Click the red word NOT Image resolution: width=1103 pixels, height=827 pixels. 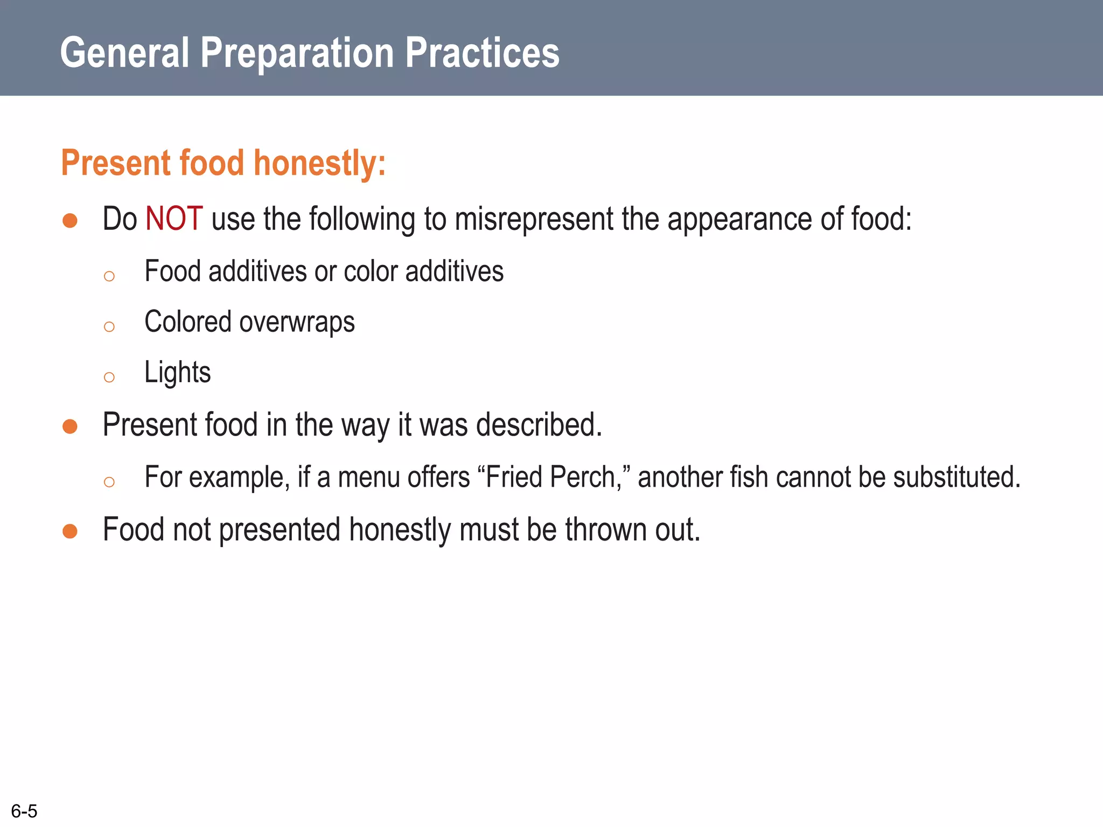[174, 219]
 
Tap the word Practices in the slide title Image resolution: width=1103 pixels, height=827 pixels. [482, 53]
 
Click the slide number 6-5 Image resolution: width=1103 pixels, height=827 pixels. [24, 811]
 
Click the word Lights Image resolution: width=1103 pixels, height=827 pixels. [177, 372]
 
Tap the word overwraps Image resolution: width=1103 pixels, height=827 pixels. [297, 323]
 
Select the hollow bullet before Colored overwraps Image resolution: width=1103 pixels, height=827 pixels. [109, 327]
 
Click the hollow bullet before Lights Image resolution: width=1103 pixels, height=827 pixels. [109, 377]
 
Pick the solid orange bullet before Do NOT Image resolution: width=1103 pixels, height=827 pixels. [70, 220]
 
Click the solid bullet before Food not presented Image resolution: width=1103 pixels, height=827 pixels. [70, 531]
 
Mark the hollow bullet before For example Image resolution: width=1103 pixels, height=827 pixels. [109, 482]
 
